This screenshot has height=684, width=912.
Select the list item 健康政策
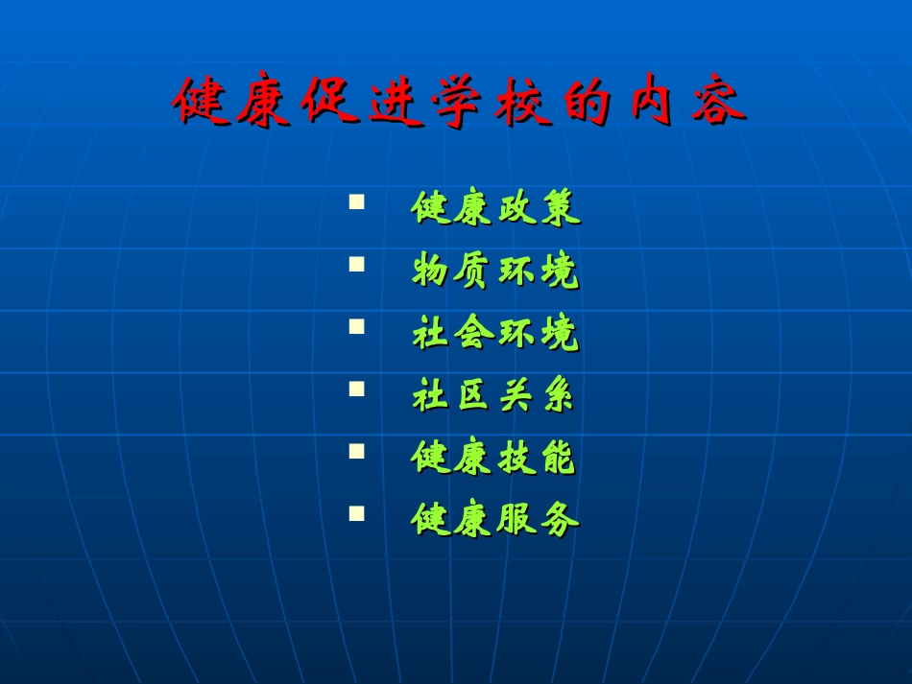coord(495,207)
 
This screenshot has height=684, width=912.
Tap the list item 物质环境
coord(495,271)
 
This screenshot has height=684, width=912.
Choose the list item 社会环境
coord(495,333)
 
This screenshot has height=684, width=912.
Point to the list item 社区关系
coord(493,394)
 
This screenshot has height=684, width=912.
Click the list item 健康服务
coord(495,519)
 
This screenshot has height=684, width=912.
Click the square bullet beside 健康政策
coord(357,202)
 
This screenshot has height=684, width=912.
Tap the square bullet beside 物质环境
coord(357,264)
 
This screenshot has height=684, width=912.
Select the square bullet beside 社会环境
coord(357,326)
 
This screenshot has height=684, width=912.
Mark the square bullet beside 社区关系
coord(357,389)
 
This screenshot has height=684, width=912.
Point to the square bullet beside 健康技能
coord(357,450)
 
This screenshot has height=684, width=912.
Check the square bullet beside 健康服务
coord(357,512)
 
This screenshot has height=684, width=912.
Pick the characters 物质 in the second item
coord(453,271)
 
